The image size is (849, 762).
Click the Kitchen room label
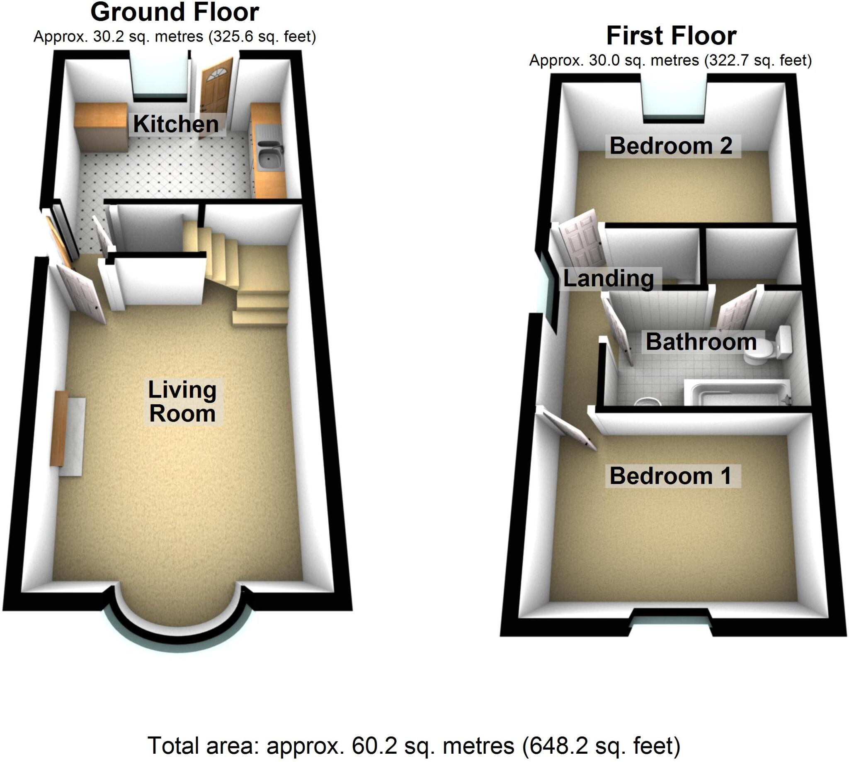click(x=176, y=125)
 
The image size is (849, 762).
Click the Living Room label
click(x=182, y=401)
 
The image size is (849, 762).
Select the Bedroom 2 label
click(x=671, y=146)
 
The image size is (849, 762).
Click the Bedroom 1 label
click(x=671, y=476)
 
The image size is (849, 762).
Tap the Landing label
click(x=609, y=279)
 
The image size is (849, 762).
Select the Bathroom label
click(x=701, y=342)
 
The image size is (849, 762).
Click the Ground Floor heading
click(x=175, y=12)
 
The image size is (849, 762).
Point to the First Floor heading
click(x=671, y=36)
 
